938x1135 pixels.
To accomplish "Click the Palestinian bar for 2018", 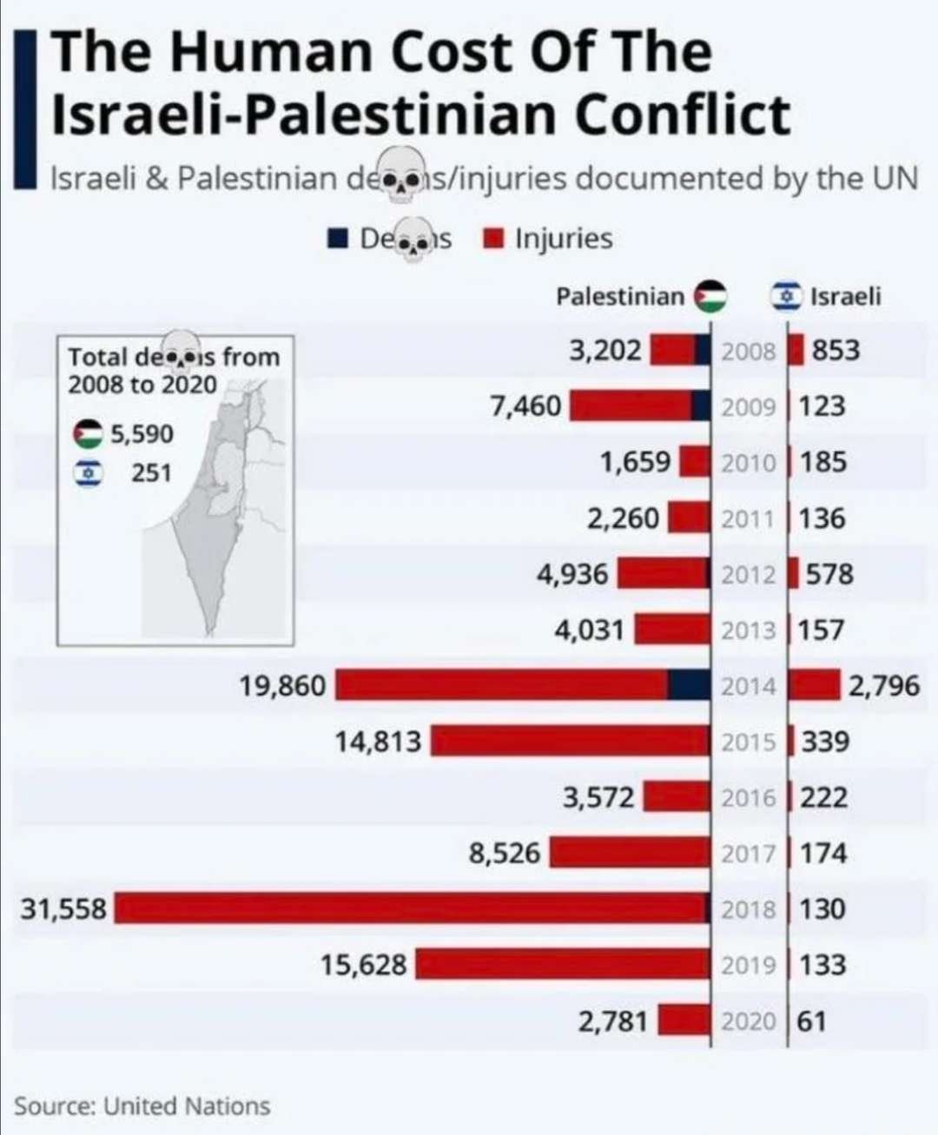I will point(413,908).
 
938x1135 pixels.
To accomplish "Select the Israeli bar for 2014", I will point(815,685).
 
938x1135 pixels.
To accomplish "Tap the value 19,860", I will point(282,686).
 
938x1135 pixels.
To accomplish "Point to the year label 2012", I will point(748,575).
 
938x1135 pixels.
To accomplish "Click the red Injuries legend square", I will point(494,239).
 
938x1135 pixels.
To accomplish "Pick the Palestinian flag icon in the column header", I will point(710,297).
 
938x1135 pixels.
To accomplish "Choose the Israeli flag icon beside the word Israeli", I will point(788,297).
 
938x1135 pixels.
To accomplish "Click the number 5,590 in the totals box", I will point(142,433).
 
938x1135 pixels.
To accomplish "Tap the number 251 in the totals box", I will point(151,473).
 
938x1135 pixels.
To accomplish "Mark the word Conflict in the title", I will point(683,114).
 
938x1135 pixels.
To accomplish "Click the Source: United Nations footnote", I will point(142,1106).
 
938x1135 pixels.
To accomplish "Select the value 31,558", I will point(63,909).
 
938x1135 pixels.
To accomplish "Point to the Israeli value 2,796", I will point(883,686).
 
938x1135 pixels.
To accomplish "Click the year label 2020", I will point(748,1021).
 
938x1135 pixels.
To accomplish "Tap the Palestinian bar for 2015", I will point(571,742).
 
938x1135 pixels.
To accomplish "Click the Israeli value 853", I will point(836,351).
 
